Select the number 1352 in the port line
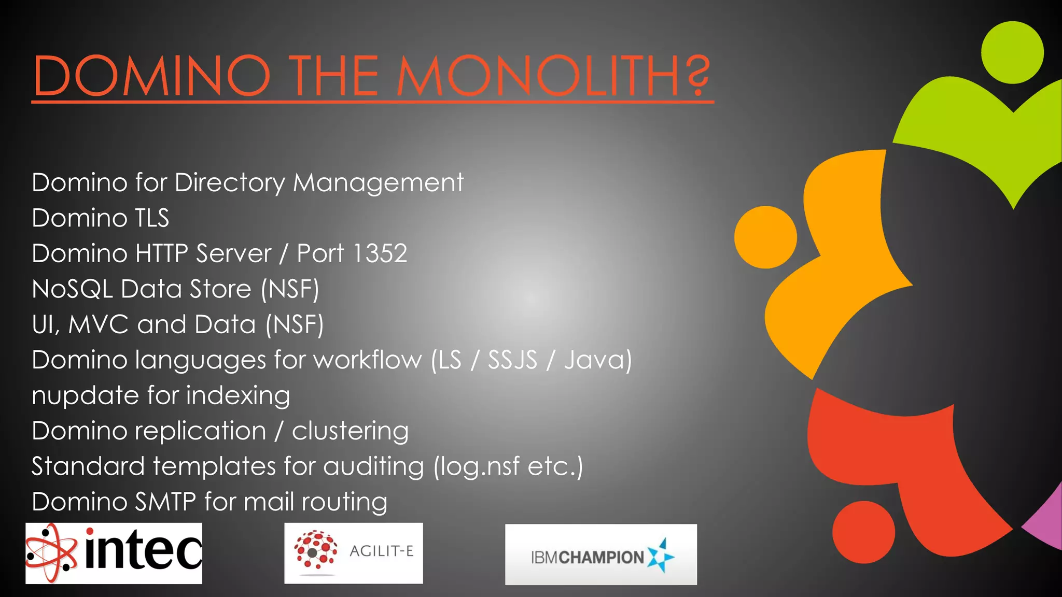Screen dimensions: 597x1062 [x=380, y=253]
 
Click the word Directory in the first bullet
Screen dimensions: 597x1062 [x=230, y=183]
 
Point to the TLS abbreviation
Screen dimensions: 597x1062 [x=152, y=218]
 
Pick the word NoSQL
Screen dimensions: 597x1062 [x=72, y=289]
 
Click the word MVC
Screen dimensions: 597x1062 [x=98, y=324]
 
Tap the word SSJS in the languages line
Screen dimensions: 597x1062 [x=512, y=360]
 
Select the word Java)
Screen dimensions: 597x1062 [x=598, y=360]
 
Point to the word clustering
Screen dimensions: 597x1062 [x=350, y=431]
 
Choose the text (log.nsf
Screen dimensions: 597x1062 [x=477, y=466]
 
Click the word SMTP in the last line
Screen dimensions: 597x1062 [x=165, y=502]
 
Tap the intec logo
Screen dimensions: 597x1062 [x=114, y=553]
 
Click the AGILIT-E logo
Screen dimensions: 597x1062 [x=353, y=553]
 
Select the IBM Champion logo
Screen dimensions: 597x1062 [x=600, y=555]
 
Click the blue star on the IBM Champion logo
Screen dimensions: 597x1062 [x=661, y=556]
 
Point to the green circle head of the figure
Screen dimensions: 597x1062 [x=1012, y=52]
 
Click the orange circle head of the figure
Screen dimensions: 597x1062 [x=765, y=237]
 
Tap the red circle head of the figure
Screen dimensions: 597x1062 [x=863, y=532]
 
